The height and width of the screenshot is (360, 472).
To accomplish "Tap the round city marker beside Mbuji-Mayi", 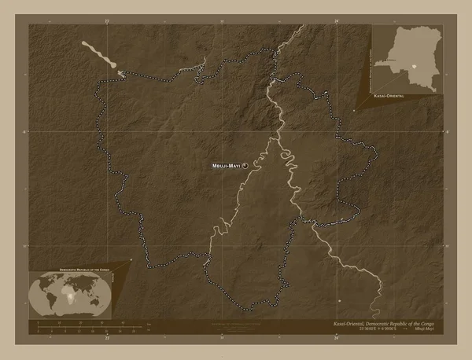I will [245, 166].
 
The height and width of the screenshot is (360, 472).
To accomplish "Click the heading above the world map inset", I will [72, 270].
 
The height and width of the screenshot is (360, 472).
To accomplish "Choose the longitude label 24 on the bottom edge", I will [336, 340].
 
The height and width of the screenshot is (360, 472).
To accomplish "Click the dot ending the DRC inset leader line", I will [354, 111].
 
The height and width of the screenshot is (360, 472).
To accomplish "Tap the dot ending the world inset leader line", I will [131, 259].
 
